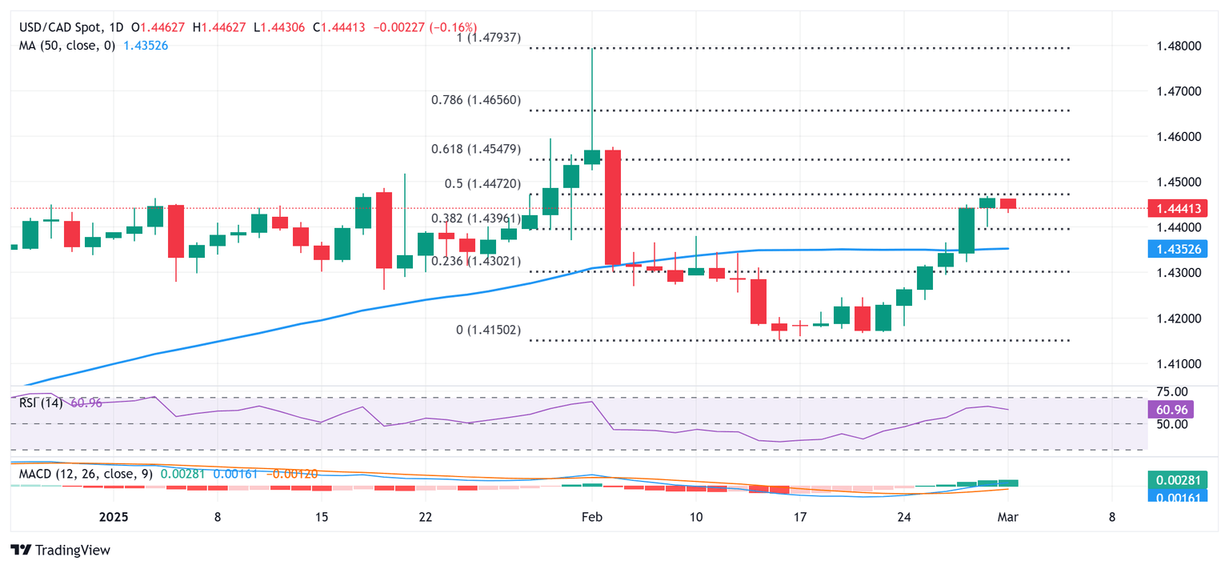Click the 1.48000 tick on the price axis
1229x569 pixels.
click(1178, 46)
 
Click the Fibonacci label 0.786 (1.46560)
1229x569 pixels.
click(486, 100)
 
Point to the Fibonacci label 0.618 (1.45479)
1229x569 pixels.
click(486, 149)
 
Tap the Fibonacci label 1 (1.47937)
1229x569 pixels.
click(486, 38)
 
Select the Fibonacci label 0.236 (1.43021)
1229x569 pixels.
click(486, 261)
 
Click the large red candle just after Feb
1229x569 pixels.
click(613, 207)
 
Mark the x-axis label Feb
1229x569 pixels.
click(591, 518)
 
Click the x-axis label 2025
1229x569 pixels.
click(115, 518)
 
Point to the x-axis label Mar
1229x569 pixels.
click(1007, 518)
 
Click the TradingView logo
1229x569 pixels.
click(60, 551)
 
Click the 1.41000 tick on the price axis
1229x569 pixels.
click(1178, 364)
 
